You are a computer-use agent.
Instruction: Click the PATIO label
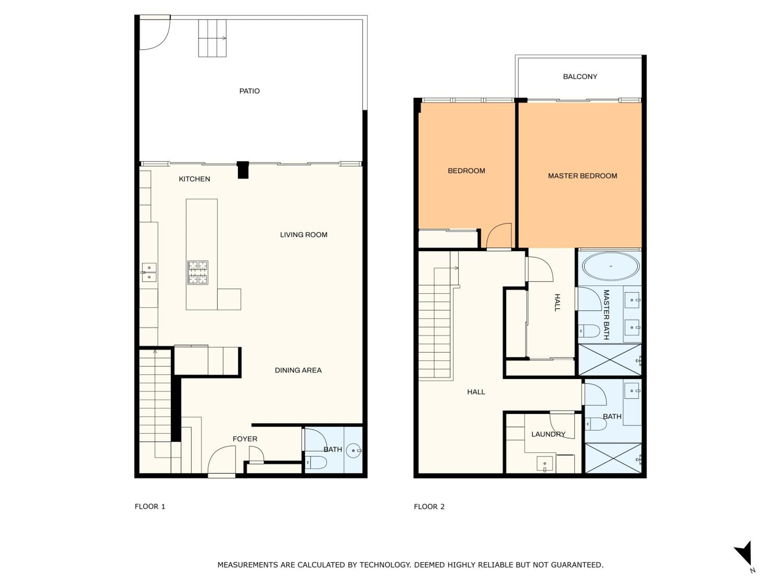(x=249, y=91)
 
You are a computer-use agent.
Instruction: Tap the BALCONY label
(x=580, y=76)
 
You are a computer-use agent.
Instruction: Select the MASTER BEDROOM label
(x=582, y=175)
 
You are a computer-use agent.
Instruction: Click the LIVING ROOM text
(x=303, y=235)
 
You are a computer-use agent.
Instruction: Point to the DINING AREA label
(x=298, y=370)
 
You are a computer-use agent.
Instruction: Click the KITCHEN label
(x=194, y=179)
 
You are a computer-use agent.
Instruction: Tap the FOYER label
(x=245, y=439)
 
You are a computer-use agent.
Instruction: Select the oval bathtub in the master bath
(x=610, y=266)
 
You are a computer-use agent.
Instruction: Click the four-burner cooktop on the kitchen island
(x=198, y=272)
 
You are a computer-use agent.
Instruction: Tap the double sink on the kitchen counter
(x=149, y=272)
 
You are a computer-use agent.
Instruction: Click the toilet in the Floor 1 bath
(x=316, y=462)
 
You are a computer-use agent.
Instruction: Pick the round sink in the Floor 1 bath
(x=354, y=450)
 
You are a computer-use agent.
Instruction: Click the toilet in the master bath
(x=589, y=331)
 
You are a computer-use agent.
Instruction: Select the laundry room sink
(x=544, y=464)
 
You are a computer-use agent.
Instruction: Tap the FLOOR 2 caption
(x=429, y=506)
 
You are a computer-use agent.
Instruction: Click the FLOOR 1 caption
(x=150, y=506)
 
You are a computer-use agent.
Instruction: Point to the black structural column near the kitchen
(x=243, y=170)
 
